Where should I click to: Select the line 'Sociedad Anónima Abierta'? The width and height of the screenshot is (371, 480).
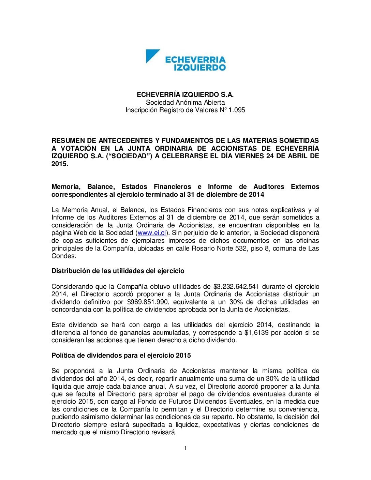[x=185, y=102]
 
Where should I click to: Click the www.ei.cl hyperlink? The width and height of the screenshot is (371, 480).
[x=152, y=233]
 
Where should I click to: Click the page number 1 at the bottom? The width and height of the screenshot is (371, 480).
[x=185, y=448]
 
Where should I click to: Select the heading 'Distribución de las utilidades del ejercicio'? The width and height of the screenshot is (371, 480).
[x=118, y=271]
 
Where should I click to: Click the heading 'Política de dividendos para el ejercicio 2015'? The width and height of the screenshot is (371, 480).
[x=121, y=356]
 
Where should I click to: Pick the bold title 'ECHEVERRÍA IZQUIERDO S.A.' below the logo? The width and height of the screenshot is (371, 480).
[x=185, y=94]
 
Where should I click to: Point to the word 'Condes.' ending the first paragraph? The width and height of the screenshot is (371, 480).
[x=64, y=256]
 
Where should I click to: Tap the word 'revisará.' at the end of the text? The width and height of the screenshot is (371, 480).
[x=163, y=432]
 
